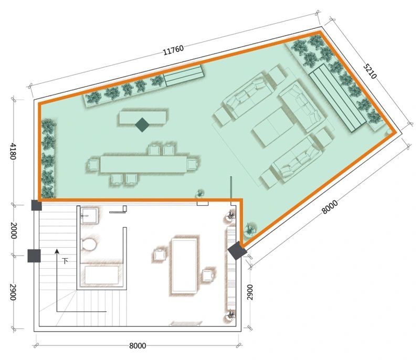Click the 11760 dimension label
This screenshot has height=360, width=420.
pos(173,50)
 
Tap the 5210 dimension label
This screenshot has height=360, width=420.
pos(370,71)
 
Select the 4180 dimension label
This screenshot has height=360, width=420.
pos(13,152)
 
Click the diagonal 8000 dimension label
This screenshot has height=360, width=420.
pos(330,207)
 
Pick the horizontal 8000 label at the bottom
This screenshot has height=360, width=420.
pos(138,345)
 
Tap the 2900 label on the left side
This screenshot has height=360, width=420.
pos(13,292)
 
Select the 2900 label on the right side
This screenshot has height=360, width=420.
pos(250,292)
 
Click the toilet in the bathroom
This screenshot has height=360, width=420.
pos(89,243)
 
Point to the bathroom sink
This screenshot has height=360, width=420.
pos(89,216)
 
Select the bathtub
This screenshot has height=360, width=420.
pos(101,274)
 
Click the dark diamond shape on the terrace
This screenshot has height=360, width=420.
pos(142,125)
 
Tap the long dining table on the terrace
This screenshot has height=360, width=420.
pos(143,164)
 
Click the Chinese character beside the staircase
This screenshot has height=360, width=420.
pos(65,261)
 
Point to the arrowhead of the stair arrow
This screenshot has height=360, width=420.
pos(57,251)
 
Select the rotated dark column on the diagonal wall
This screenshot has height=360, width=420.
pos(237,250)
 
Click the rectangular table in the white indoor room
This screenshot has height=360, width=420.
pos(184,266)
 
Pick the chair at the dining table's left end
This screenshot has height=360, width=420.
pos(93,165)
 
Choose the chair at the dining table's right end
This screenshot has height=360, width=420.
pos(193,164)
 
